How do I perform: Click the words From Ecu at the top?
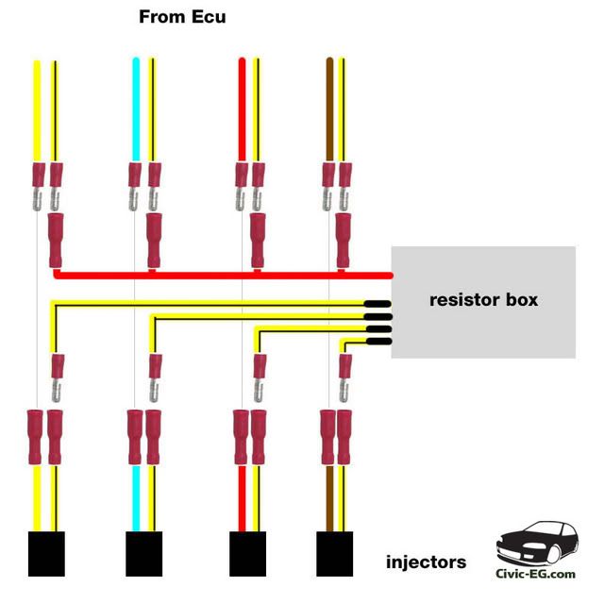pos(182,17)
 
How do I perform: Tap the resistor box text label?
pos(483,300)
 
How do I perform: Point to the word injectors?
pos(426,562)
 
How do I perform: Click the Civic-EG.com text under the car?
pos(536,573)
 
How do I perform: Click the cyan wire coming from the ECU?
pos(136,109)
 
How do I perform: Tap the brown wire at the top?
pos(329,109)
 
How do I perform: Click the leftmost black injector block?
pos(45,554)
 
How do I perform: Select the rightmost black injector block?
pos(335,554)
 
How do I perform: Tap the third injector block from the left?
pos(249,554)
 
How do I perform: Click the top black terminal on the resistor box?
pos(378,304)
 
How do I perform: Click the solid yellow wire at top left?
pos(38,109)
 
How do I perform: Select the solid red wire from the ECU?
pos(242,109)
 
